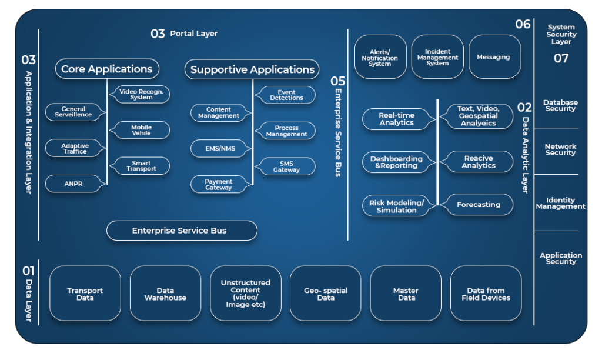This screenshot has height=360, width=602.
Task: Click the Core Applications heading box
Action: [107, 69]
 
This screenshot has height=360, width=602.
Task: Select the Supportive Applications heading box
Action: [252, 69]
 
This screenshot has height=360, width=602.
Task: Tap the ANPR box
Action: [74, 184]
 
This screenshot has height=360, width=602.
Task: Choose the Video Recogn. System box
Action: [141, 94]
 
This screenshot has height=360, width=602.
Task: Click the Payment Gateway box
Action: [219, 184]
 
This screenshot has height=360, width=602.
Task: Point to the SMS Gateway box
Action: [286, 166]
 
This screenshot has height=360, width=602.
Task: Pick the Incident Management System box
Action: [437, 57]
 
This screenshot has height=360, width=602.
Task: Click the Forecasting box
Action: [479, 205]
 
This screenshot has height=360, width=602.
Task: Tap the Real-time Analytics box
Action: [396, 119]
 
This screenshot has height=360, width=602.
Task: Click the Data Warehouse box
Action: [165, 294]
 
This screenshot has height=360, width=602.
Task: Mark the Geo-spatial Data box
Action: [326, 294]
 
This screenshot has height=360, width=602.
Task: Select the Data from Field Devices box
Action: [486, 294]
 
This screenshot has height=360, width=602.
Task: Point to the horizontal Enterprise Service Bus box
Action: [182, 231]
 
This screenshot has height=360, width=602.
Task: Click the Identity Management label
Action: [561, 203]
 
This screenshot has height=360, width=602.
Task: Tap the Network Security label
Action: [560, 149]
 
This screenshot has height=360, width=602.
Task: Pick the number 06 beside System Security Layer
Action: [523, 24]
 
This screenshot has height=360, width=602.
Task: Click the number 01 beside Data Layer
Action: [28, 271]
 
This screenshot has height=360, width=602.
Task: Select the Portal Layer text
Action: [193, 34]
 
